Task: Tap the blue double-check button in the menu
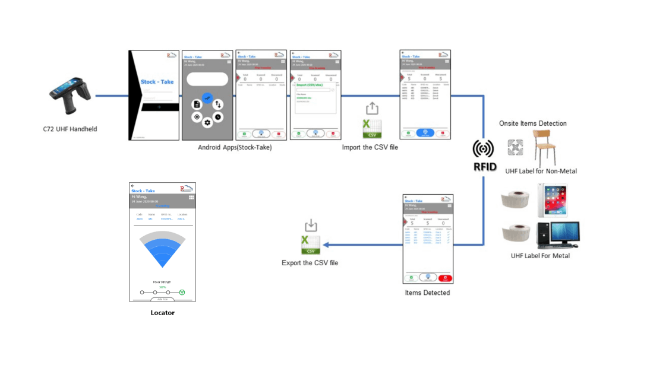[x=207, y=97]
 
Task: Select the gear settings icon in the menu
[x=207, y=123]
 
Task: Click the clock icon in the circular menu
[x=218, y=117]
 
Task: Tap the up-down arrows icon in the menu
[x=218, y=104]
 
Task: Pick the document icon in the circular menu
[x=197, y=104]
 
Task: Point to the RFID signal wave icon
[x=484, y=148]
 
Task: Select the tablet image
[x=552, y=199]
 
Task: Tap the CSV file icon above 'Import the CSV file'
[x=371, y=129]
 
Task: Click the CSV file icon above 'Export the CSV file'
[x=310, y=245]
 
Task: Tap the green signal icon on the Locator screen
[x=182, y=292]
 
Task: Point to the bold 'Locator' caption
[x=162, y=313]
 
